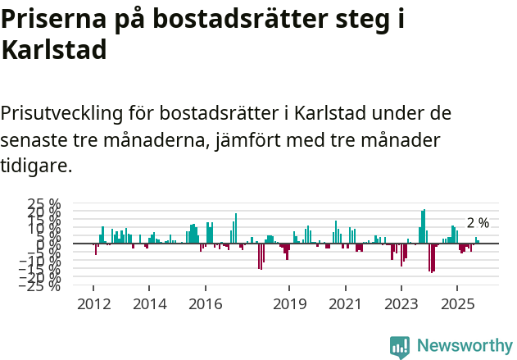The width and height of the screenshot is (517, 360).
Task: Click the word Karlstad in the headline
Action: coord(54,50)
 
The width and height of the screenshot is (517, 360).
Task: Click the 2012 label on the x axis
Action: coord(93,304)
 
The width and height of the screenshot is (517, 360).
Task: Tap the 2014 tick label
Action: coord(149,304)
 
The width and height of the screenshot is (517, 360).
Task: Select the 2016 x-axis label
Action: coord(205,304)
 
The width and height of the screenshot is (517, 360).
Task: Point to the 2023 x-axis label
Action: coord(401,304)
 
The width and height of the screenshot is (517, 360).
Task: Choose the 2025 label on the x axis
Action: coord(457,304)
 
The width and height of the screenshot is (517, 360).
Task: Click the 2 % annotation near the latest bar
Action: coord(478,223)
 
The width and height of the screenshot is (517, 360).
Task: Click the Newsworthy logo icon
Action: coord(400,347)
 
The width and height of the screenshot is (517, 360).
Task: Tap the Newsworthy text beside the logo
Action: coord(465,346)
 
